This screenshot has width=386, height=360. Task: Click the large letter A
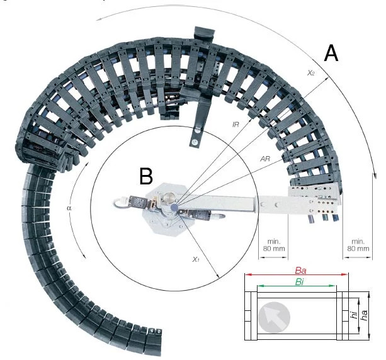(x=331, y=54)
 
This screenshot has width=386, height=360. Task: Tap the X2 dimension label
(x=310, y=74)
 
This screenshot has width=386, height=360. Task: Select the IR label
(x=235, y=126)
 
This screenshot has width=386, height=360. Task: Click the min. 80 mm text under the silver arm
(x=273, y=244)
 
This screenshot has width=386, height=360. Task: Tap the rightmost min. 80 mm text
(x=358, y=244)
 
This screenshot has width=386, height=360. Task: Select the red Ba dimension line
(x=297, y=275)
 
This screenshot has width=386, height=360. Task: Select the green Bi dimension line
(x=297, y=287)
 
